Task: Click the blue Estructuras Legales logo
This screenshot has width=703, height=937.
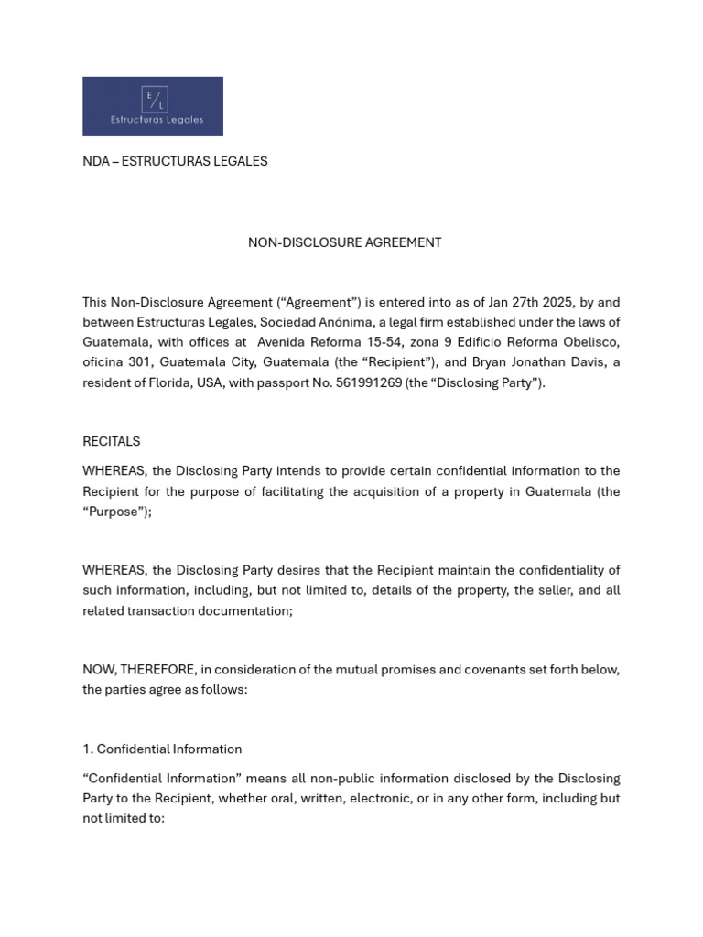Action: click(x=153, y=106)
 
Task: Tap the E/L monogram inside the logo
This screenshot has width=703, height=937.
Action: click(x=153, y=98)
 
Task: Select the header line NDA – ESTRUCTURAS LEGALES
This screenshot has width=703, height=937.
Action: click(x=175, y=161)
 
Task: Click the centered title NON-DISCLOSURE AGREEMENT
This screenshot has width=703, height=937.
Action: click(x=344, y=242)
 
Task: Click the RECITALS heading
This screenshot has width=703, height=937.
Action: click(x=112, y=441)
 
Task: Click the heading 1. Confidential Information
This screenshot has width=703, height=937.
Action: click(x=162, y=749)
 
